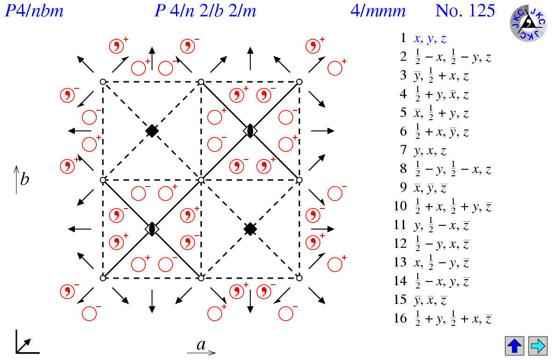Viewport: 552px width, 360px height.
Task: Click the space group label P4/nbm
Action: pos(34,10)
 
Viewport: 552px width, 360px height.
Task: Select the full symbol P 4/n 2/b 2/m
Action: pos(205,10)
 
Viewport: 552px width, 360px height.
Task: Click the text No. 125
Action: pos(465,10)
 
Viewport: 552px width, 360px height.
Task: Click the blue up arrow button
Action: pos(515,346)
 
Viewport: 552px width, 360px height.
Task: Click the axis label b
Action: pos(24,179)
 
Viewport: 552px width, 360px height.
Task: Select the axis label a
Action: pos(201,345)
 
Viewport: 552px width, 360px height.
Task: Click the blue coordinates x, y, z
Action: pos(430,39)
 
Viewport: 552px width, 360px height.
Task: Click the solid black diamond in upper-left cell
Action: pos(152,131)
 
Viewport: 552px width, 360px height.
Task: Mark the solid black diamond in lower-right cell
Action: pos(250,229)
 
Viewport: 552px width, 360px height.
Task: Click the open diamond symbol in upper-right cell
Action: pos(250,131)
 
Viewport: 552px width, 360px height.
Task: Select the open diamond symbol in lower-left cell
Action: pos(152,229)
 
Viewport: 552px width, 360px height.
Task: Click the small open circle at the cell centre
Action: pos(201,180)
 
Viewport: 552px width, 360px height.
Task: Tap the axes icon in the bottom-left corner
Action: pos(27,343)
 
